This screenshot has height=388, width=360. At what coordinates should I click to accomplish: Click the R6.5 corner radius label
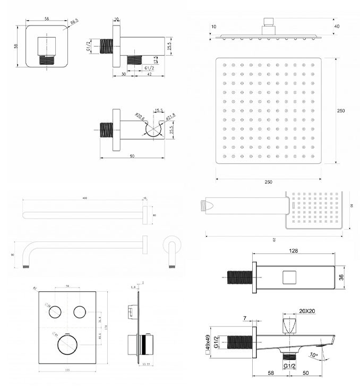[74, 21]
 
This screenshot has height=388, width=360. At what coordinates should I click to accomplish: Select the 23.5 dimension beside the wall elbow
[168, 45]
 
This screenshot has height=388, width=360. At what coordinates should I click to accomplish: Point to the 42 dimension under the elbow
[149, 75]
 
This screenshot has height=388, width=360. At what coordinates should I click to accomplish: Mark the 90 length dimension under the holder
[132, 156]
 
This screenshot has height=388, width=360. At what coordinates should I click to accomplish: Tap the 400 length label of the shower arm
[83, 198]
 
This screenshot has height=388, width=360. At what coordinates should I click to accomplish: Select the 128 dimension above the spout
[293, 251]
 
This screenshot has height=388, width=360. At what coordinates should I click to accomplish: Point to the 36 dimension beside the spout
[342, 276]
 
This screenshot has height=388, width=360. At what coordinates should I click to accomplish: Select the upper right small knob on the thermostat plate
[80, 311]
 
